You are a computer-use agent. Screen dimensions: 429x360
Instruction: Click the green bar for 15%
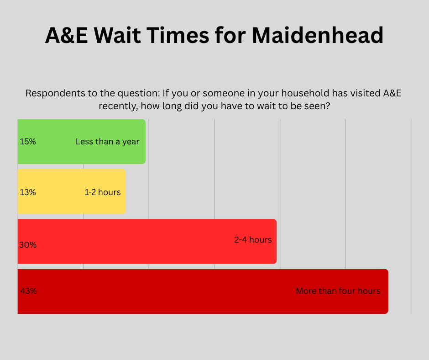pos(82,142)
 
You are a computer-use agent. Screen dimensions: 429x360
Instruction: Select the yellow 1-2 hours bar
pos(72,191)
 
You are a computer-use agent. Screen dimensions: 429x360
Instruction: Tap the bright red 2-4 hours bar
pos(147,241)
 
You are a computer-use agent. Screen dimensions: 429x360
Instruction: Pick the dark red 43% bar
pos(203,291)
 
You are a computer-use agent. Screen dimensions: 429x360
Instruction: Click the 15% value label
pos(28,142)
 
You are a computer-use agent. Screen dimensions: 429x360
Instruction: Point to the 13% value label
pos(28,192)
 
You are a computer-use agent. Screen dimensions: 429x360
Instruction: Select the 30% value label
pos(28,245)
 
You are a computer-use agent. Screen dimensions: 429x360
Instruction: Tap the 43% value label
pos(29,291)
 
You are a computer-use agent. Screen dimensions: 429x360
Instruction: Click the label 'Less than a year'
pos(108,142)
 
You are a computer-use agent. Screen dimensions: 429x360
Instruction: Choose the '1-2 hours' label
pos(103,192)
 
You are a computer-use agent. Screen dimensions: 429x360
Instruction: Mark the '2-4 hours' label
pos(253,240)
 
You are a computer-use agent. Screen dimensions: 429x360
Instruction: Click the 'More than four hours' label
pos(338,291)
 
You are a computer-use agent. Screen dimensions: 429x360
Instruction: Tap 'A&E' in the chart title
pos(67,35)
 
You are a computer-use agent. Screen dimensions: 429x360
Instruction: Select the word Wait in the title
pos(117,35)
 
